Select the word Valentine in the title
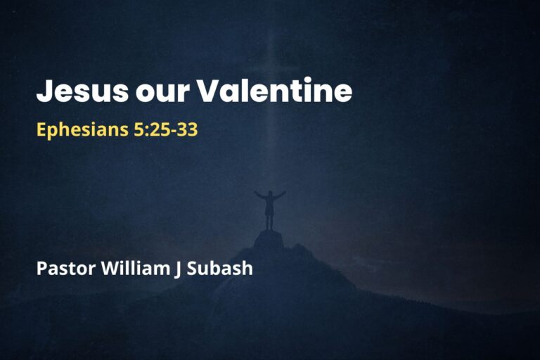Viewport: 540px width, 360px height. pyautogui.click(x=274, y=92)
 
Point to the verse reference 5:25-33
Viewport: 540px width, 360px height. pyautogui.click(x=165, y=130)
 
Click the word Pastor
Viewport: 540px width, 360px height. pyautogui.click(x=61, y=268)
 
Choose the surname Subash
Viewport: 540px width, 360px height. pyautogui.click(x=219, y=268)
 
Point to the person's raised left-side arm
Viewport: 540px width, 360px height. pyautogui.click(x=259, y=195)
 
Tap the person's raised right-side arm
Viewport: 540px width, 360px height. pyautogui.click(x=280, y=194)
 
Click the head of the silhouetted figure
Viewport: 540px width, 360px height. pyautogui.click(x=269, y=193)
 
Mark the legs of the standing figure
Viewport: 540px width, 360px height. pyautogui.click(x=269, y=221)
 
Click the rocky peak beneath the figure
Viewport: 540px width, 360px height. pyautogui.click(x=269, y=239)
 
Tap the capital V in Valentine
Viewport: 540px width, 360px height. pyautogui.click(x=208, y=92)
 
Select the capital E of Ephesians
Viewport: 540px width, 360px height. pyautogui.click(x=41, y=130)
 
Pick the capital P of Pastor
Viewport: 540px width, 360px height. pyautogui.click(x=41, y=268)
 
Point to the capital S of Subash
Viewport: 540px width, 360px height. pyautogui.click(x=192, y=268)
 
